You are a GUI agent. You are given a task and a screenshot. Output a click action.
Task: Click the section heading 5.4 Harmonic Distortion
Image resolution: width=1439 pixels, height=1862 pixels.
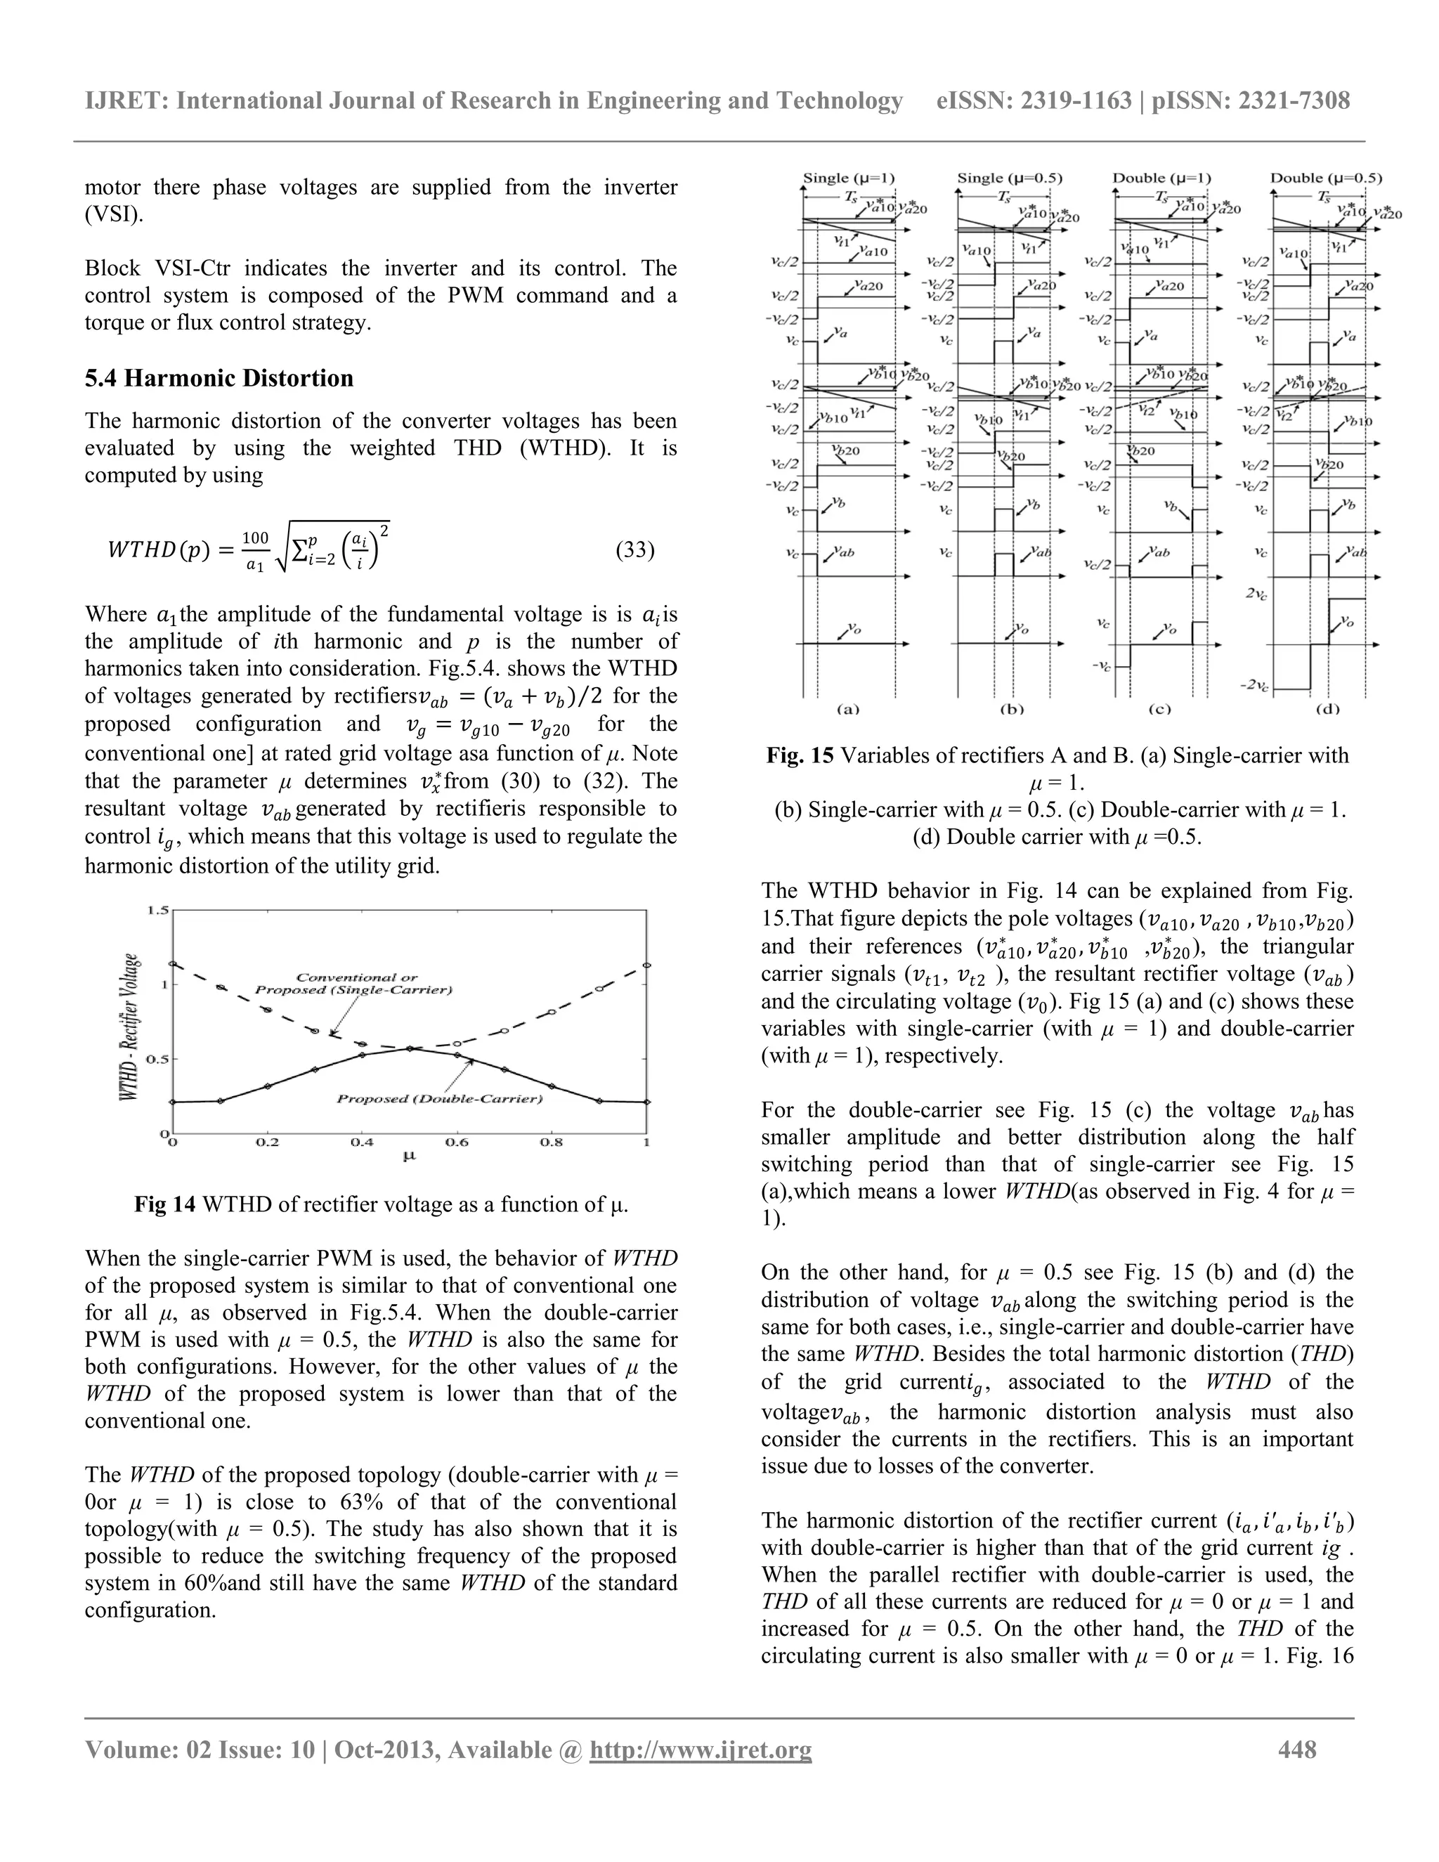point(219,378)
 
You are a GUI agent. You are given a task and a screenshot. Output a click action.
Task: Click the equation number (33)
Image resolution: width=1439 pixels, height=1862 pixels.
point(634,550)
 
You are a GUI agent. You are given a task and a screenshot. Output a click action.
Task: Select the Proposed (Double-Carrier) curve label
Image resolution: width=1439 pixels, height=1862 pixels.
point(440,1098)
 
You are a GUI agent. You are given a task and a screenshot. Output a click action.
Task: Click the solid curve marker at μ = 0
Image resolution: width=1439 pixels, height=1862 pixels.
point(173,1102)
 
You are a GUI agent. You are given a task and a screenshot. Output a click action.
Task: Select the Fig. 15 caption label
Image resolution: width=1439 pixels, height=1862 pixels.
point(799,755)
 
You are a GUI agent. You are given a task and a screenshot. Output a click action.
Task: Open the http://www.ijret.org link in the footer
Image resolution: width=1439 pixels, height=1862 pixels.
point(701,1750)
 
